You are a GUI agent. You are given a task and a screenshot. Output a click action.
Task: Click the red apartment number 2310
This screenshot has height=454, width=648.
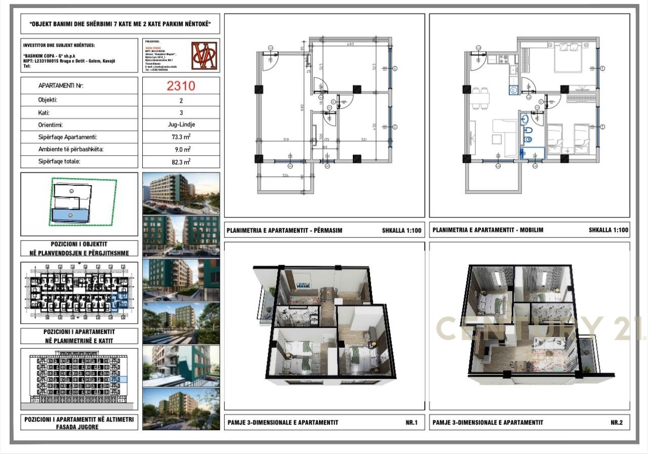[181, 86]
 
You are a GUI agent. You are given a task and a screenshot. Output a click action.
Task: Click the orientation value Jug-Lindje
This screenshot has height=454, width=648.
[181, 125]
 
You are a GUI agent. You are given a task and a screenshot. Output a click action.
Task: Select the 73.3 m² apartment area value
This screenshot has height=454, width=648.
[181, 137]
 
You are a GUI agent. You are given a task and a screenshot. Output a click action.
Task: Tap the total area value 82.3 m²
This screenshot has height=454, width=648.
[181, 161]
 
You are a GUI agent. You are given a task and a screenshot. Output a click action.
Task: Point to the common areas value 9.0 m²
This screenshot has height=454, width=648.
[181, 149]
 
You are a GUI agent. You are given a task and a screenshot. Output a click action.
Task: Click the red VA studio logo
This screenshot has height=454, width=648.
[205, 55]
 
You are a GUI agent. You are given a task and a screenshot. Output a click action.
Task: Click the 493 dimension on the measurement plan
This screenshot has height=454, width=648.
[349, 45]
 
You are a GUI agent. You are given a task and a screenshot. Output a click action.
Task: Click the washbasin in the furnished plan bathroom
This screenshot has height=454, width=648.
[524, 119]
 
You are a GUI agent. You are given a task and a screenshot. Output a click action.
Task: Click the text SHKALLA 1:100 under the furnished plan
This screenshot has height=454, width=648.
[609, 230]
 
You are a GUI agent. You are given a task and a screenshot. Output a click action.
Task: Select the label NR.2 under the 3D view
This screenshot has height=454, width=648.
[617, 423]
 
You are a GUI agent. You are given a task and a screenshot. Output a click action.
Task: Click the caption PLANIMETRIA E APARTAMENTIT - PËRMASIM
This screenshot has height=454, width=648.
[285, 230]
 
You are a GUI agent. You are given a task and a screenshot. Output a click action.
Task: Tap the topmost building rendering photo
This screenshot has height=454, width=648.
[181, 193]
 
